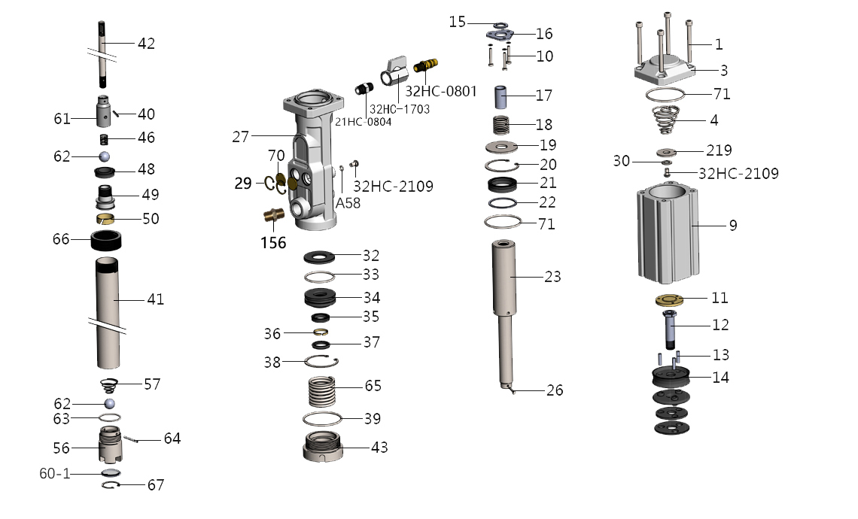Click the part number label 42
146,44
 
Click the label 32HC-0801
441,92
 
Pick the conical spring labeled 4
666,120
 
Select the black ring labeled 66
107,241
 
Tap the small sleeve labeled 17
503,97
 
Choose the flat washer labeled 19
501,145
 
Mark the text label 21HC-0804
364,122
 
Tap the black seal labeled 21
501,184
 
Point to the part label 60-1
56,473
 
